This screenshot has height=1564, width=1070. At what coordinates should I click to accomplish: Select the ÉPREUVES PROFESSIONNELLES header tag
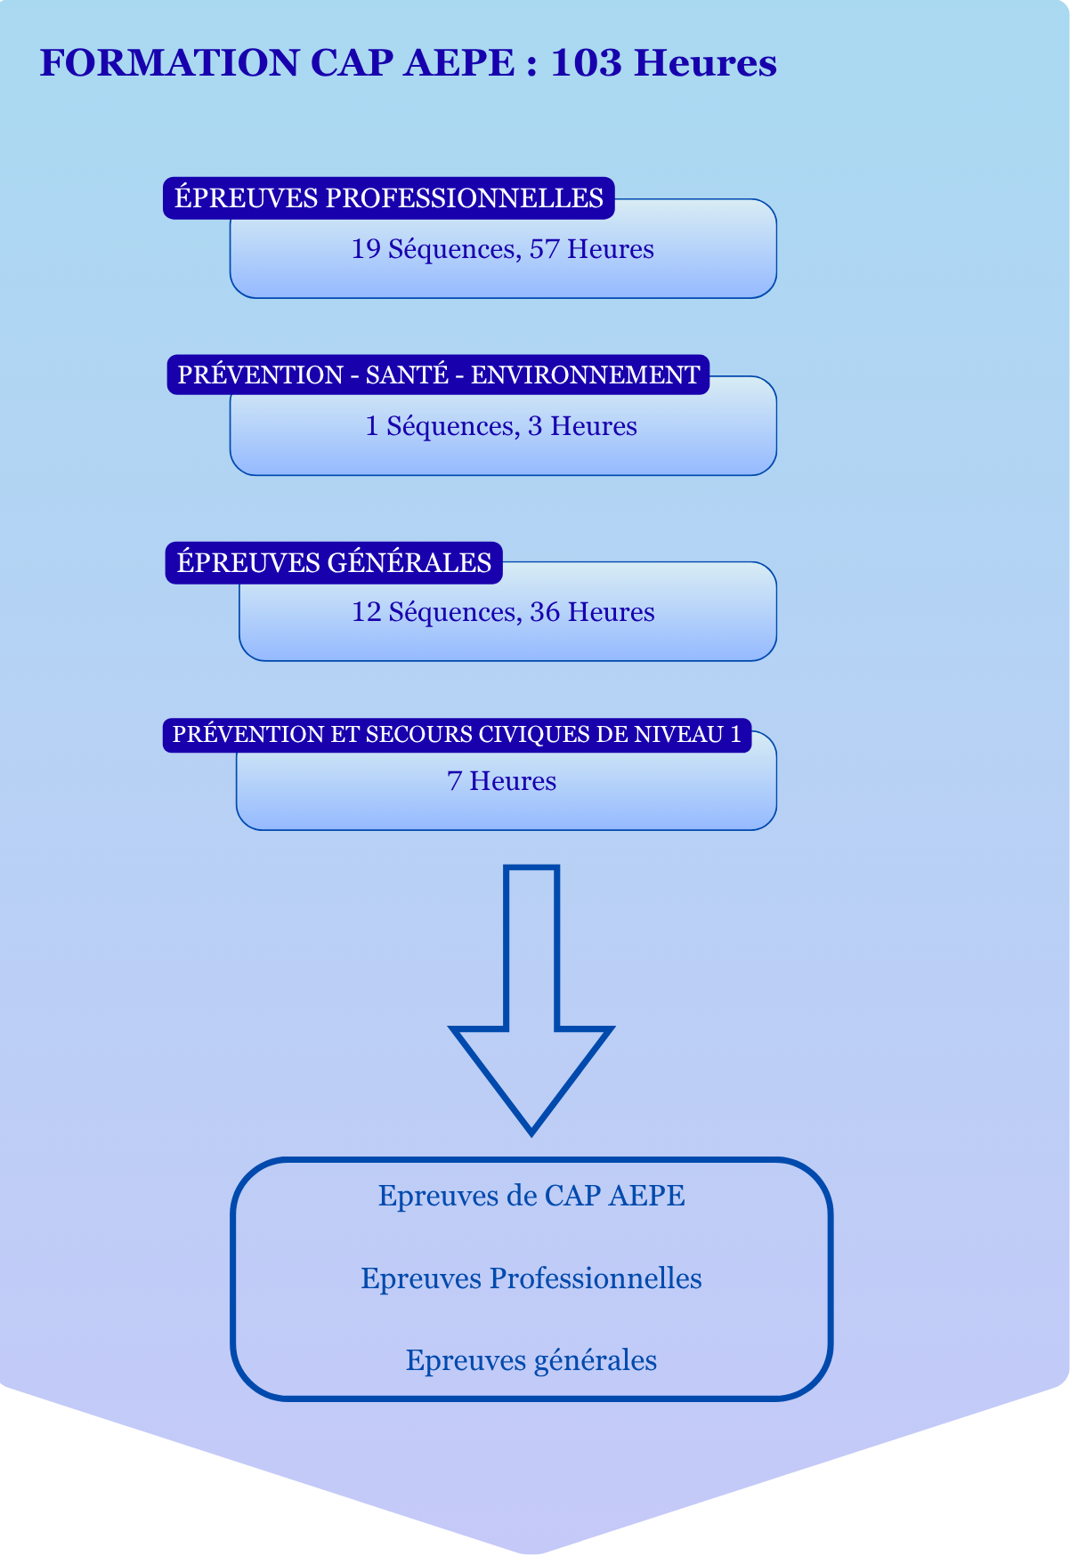389,198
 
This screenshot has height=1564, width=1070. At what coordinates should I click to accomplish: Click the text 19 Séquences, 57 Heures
502,249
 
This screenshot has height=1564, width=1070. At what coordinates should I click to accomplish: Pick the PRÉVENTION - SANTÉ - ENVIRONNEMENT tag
438,375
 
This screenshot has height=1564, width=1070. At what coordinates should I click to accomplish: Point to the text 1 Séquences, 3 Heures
501,426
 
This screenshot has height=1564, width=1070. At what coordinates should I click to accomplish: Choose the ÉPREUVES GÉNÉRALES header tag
334,562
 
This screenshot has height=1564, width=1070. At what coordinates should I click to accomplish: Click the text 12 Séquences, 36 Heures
503,612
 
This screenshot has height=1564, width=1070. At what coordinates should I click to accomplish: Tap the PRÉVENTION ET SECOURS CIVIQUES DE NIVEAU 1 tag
457,735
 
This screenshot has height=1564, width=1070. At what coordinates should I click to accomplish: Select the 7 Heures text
501,781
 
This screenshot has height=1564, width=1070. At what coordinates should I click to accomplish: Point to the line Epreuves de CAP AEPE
531,1196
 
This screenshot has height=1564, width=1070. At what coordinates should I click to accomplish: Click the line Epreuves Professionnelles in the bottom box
531,1278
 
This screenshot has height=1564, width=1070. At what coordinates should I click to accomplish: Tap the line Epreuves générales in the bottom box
531,1360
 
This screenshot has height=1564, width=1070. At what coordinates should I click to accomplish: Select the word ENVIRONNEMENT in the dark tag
585,375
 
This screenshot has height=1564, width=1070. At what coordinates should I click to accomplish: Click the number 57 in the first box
544,249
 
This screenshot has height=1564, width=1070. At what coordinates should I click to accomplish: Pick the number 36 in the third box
545,612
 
